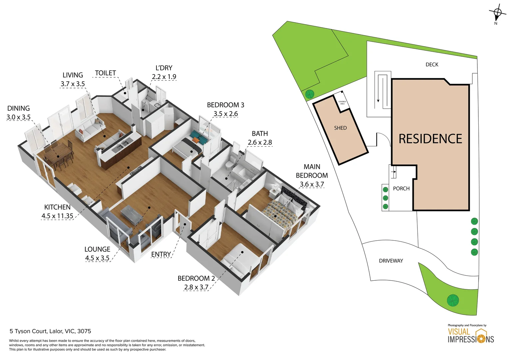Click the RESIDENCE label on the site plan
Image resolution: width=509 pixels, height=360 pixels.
pyautogui.click(x=430, y=139)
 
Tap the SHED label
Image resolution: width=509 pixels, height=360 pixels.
pyautogui.click(x=340, y=128)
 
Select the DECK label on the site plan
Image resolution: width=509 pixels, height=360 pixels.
pyautogui.click(x=432, y=65)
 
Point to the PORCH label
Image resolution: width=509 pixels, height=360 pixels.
pyautogui.click(x=401, y=189)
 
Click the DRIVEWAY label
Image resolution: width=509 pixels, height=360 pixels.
pyautogui.click(x=391, y=261)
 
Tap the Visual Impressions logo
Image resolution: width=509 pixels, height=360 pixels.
pyautogui.click(x=470, y=335)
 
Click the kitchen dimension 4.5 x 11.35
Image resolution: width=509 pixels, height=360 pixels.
pyautogui.click(x=57, y=216)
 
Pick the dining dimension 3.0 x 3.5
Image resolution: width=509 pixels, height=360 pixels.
pyautogui.click(x=18, y=117)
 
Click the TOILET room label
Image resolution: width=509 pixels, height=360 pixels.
pyautogui.click(x=105, y=73)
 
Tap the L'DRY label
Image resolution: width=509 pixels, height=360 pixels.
pyautogui.click(x=164, y=68)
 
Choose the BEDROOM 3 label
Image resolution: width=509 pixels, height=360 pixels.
pyautogui.click(x=226, y=105)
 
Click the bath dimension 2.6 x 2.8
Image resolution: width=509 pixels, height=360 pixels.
pyautogui.click(x=259, y=142)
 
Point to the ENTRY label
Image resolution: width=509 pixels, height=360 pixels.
pyautogui.click(x=161, y=254)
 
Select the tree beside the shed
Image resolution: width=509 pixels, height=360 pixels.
pyautogui.click(x=309, y=94)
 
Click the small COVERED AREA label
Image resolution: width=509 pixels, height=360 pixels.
pyautogui.click(x=342, y=103)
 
